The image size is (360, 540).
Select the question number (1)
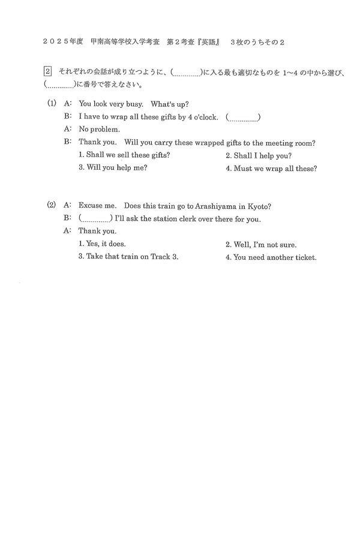pyautogui.click(x=52, y=103)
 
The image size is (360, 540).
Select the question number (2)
pyautogui.click(x=52, y=205)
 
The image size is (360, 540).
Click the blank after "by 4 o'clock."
pyautogui.click(x=243, y=116)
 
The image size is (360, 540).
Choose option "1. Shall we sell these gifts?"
pyautogui.click(x=124, y=155)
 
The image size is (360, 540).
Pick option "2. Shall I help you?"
pyautogui.click(x=259, y=155)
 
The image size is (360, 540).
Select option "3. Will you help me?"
pyautogui.click(x=113, y=167)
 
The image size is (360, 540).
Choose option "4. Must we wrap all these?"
pyautogui.click(x=271, y=169)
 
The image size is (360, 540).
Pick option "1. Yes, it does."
pyautogui.click(x=102, y=244)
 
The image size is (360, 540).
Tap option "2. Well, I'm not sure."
pyautogui.click(x=261, y=245)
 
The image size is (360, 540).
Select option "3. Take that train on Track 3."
pyautogui.click(x=128, y=257)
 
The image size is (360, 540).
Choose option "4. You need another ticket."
pyautogui.click(x=271, y=258)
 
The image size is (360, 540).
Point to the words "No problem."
pyautogui.click(x=100, y=129)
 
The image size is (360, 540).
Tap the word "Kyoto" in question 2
pyautogui.click(x=259, y=206)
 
